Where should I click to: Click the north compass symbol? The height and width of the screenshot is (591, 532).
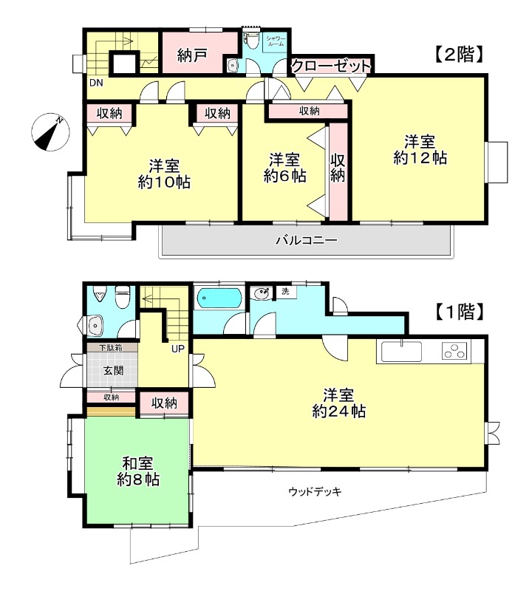50,132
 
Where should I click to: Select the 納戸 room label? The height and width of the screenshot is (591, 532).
192,55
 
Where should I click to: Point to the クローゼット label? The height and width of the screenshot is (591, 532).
330,66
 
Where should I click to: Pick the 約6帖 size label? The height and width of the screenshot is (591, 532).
284,177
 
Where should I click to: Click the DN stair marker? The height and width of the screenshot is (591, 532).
96,83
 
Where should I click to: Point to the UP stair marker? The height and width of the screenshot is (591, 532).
178,348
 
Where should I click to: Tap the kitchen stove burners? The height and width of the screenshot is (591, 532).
455,352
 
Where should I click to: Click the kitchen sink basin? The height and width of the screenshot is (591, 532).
401,351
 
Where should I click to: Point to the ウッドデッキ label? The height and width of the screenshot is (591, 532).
315,491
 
